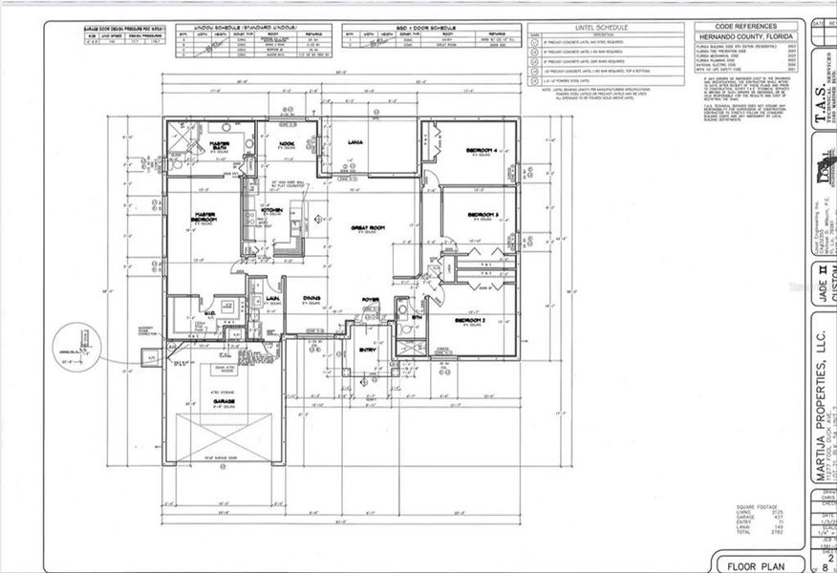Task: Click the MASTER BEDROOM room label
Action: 203,216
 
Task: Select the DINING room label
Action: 311,299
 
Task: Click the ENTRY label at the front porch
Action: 368,350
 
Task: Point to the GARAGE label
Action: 224,401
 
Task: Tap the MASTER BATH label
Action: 225,144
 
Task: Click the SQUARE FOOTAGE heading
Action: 756,506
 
